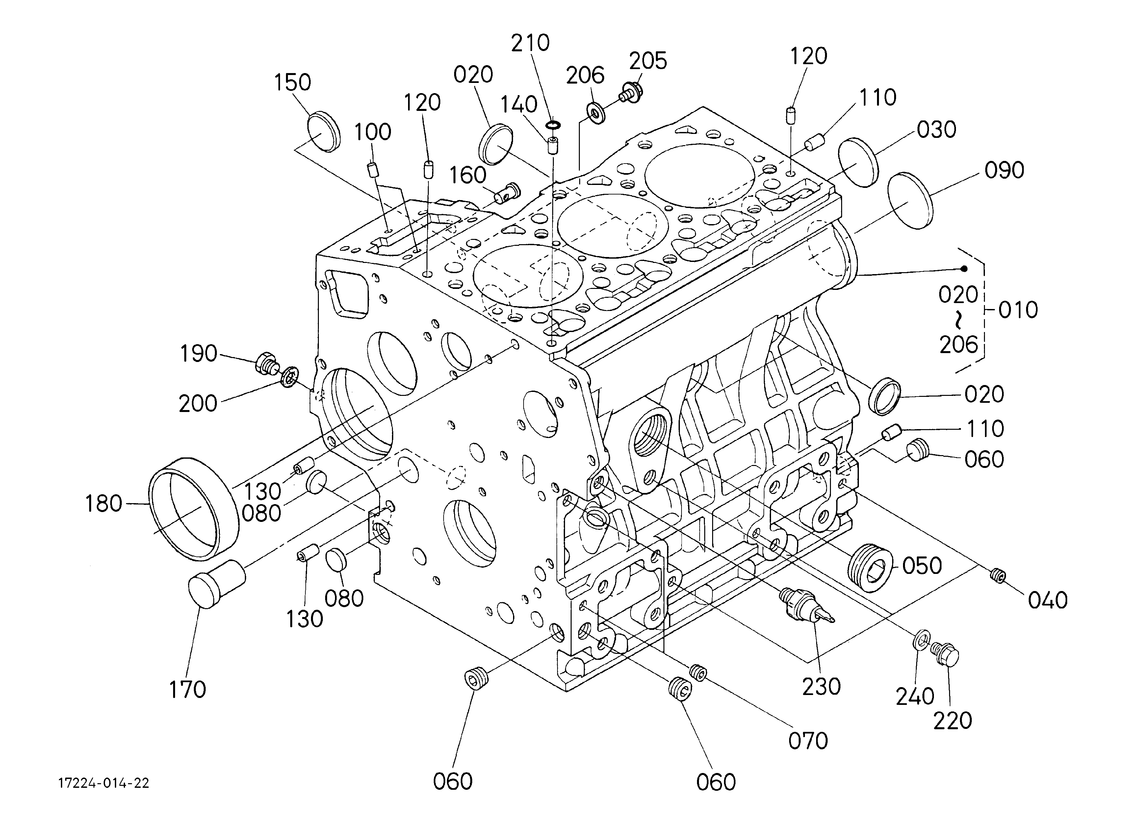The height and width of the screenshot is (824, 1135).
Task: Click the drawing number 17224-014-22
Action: click(104, 784)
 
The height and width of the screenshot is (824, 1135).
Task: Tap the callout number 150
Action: click(293, 83)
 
